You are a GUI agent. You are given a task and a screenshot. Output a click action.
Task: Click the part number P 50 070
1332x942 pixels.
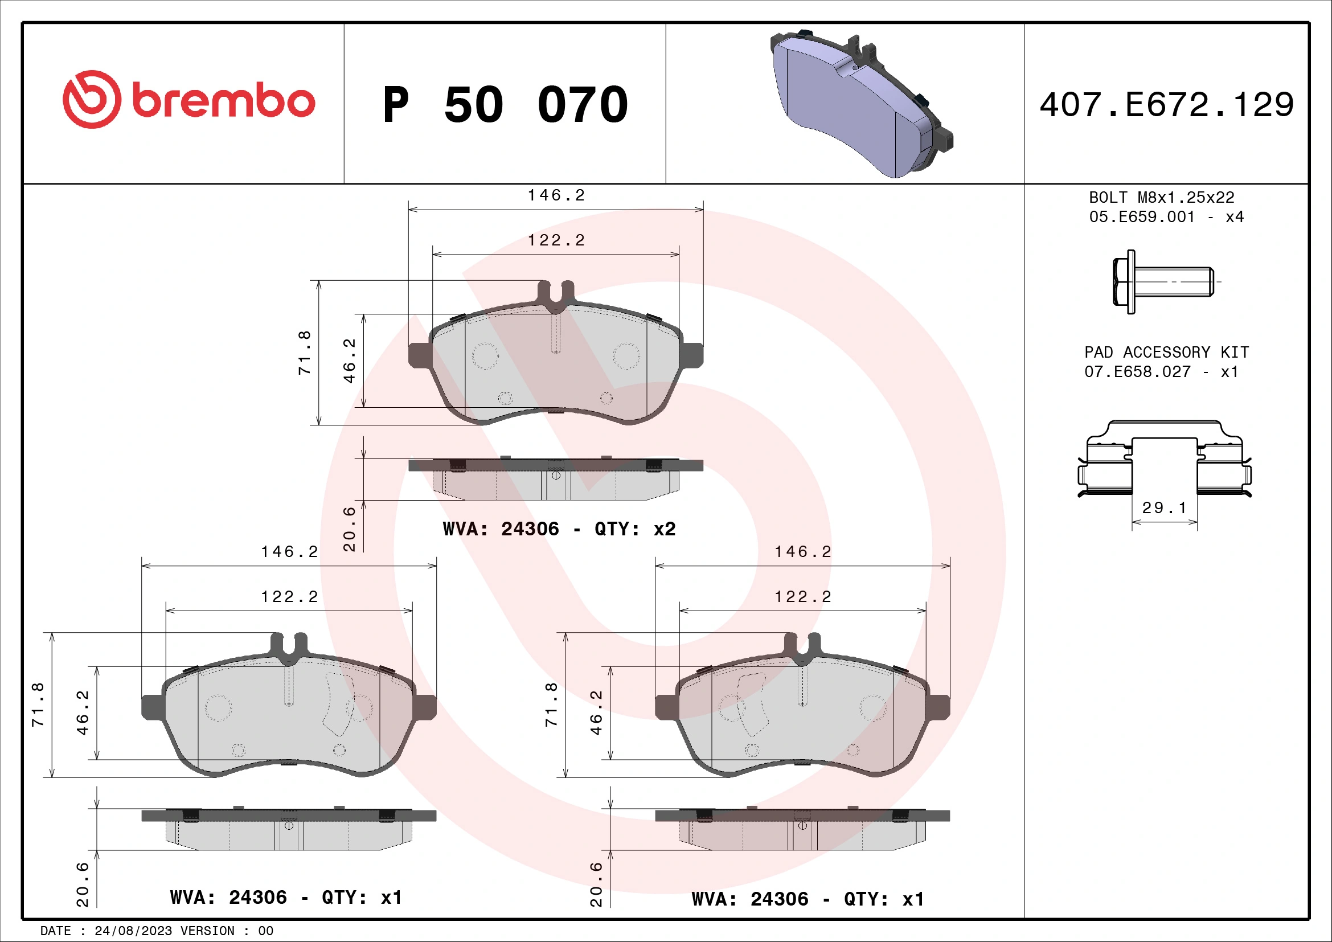click(505, 105)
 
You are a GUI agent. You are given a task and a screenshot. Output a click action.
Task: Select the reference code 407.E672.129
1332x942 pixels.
click(1167, 105)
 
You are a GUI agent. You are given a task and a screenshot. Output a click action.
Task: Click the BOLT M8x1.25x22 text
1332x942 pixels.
click(1161, 198)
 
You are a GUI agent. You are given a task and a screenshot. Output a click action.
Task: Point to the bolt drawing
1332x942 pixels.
click(1162, 282)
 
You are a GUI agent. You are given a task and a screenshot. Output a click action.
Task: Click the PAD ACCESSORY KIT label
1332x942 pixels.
click(1166, 353)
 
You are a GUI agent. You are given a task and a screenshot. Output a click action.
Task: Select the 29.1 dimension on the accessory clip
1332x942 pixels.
click(1164, 508)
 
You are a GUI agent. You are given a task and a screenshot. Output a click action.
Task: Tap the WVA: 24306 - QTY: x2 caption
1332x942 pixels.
click(559, 529)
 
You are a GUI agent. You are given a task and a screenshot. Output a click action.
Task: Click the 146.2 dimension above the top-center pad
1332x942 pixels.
click(556, 195)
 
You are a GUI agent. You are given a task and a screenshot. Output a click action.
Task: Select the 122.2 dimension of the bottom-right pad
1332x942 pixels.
click(803, 597)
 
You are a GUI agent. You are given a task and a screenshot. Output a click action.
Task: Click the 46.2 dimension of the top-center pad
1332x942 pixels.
click(350, 361)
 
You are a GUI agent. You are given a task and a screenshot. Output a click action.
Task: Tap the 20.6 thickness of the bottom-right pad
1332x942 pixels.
click(596, 884)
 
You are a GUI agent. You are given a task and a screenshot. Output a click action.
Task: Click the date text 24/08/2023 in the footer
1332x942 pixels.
click(133, 931)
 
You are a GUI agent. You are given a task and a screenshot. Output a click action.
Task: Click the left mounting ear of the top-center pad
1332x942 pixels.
click(420, 355)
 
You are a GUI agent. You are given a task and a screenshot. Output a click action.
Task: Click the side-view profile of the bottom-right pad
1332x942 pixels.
click(802, 829)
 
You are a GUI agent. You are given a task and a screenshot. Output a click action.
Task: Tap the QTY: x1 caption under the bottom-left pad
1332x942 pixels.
click(362, 898)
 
